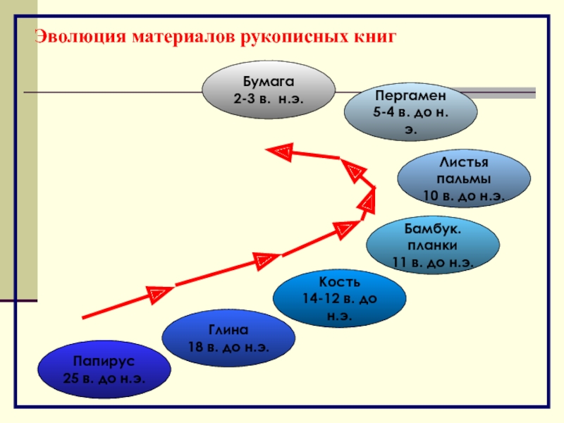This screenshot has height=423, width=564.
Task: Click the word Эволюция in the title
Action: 80,36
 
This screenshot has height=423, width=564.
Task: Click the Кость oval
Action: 340,298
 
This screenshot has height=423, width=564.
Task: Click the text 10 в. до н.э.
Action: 464,195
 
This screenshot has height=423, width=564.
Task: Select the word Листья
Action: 464,164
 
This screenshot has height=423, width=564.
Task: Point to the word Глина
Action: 228,330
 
